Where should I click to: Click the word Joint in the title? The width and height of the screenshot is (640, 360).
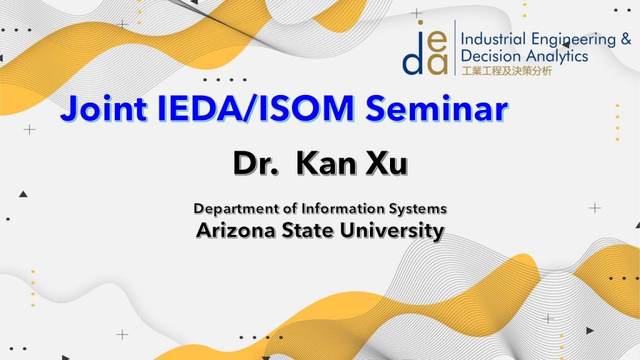tap(104, 109)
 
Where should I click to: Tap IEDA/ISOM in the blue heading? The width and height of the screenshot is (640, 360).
tap(256, 109)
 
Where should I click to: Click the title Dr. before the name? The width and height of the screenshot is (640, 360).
tap(256, 163)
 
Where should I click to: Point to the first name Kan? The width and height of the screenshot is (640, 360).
tap(326, 163)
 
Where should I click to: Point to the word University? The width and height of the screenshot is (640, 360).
tap(392, 231)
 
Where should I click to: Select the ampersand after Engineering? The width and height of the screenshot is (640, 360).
tap(626, 39)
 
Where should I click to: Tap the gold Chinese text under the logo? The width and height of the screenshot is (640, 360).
tap(506, 71)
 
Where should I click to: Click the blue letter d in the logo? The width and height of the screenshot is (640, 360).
tap(413, 58)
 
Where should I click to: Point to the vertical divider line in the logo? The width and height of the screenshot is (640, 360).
tap(455, 47)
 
